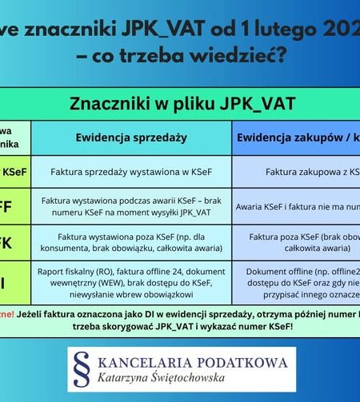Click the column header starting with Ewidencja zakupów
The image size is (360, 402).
296,137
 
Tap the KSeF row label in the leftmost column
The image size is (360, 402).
14,171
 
